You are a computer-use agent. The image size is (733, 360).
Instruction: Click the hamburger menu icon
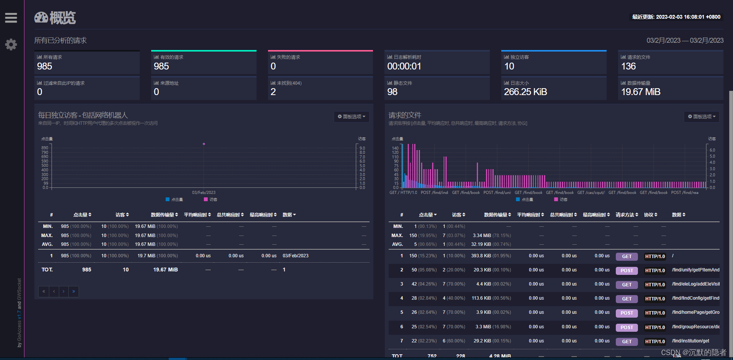[11, 18]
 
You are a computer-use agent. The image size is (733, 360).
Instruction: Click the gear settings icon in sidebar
[11, 45]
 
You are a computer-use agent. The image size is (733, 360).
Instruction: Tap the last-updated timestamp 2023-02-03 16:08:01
[676, 17]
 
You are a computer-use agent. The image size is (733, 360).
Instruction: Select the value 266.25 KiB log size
[525, 92]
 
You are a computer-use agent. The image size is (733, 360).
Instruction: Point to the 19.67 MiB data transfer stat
[641, 92]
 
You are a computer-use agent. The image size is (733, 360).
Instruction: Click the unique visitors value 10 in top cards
[509, 66]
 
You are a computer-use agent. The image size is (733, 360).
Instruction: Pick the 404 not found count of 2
[273, 92]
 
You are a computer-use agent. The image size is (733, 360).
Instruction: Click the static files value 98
[392, 92]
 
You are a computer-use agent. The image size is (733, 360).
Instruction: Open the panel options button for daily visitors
[351, 116]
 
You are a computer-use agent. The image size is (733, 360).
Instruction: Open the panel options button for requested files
[702, 116]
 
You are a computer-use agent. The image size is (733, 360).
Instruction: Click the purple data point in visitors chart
[204, 144]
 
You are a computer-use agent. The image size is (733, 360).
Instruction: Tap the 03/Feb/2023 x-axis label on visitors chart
[204, 192]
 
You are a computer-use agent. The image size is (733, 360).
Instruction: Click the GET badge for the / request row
[626, 257]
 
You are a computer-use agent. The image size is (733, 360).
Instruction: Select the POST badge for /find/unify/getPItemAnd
[626, 271]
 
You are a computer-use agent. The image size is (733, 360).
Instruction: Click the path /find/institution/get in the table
[690, 341]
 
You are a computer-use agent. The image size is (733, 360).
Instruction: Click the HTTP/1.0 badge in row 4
[655, 299]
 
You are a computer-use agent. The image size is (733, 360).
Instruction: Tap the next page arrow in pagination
[63, 292]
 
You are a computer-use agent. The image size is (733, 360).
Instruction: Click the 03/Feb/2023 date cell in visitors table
[295, 256]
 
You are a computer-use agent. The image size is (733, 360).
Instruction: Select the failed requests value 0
[273, 66]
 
